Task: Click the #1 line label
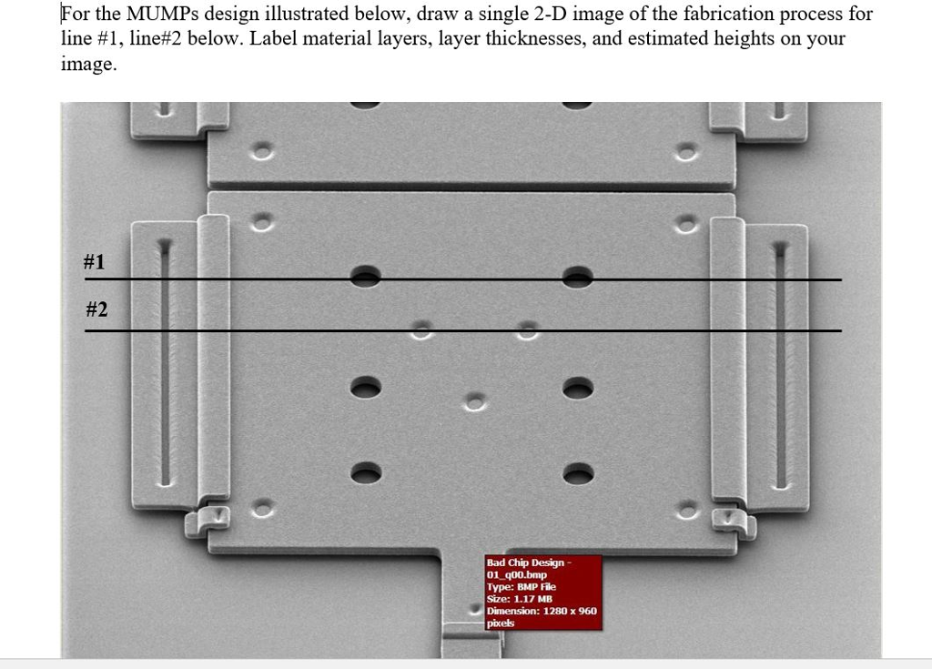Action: [95, 261]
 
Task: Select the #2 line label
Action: [96, 309]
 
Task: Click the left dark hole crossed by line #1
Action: [366, 277]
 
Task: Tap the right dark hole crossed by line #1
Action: [578, 277]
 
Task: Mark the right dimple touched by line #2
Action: [528, 330]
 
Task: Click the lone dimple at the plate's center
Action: [474, 402]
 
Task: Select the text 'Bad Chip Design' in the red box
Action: [525, 563]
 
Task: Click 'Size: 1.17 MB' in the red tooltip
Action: [520, 599]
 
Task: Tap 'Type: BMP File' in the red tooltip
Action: [522, 586]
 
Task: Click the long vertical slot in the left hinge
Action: [165, 363]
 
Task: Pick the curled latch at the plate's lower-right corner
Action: [734, 522]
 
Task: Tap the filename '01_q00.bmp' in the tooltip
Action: [517, 574]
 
